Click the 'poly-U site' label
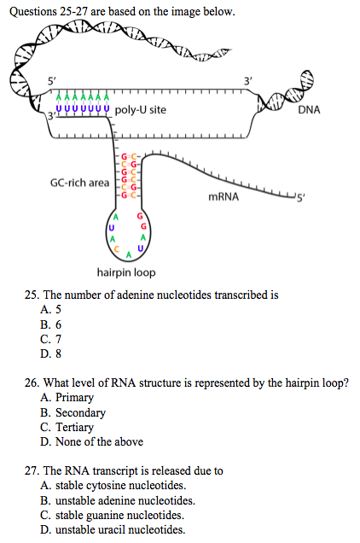click(x=140, y=110)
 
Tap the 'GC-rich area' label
click(x=79, y=183)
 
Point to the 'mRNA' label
click(x=224, y=197)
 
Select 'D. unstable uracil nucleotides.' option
click(x=113, y=530)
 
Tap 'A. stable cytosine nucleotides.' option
click(x=113, y=486)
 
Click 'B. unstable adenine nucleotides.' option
click(x=118, y=500)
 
